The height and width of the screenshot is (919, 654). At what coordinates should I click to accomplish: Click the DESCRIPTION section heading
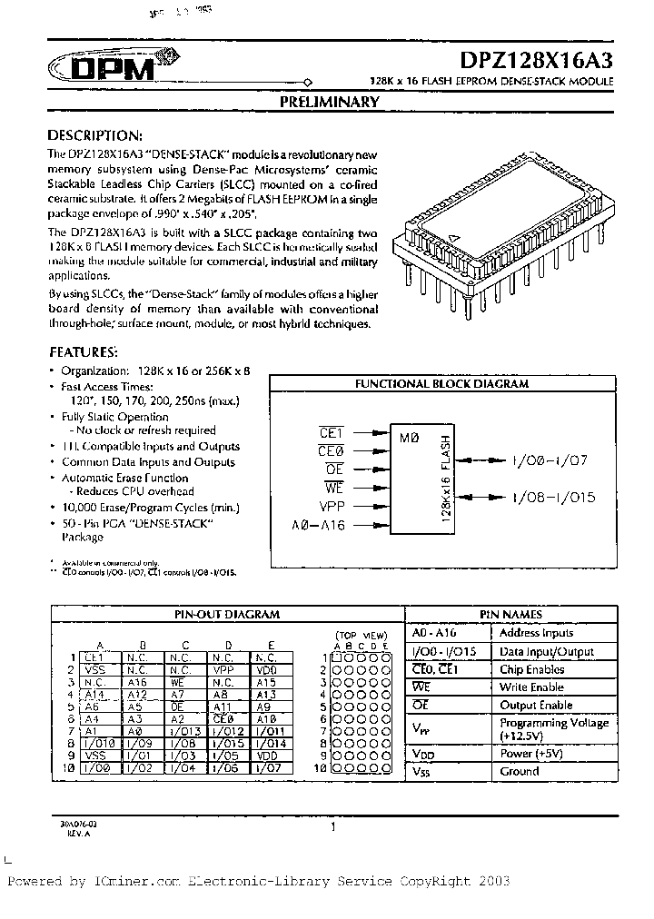[94, 134]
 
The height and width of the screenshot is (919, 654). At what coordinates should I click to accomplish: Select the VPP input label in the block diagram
[332, 506]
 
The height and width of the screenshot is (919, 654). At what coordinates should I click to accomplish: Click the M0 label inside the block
[409, 438]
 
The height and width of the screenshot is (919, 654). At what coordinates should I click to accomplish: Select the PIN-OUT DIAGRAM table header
[226, 615]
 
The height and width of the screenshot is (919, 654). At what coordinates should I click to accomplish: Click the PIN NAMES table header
[529, 615]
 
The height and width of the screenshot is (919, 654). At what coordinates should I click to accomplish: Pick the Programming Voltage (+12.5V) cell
[553, 729]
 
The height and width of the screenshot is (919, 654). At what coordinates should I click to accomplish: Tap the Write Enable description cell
[530, 687]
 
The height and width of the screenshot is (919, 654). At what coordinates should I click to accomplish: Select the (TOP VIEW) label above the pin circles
[361, 635]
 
